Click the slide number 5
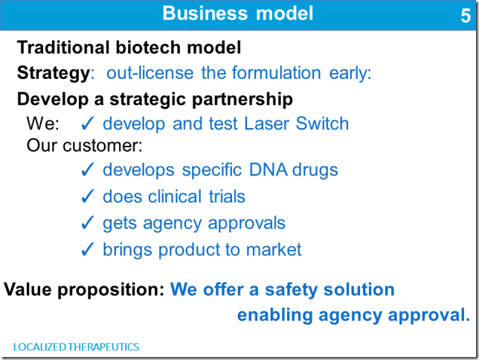[x=466, y=16]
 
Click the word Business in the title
[x=205, y=13]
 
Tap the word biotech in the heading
[x=148, y=48]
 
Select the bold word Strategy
[x=54, y=74]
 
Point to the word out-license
[x=150, y=73]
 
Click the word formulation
[x=276, y=73]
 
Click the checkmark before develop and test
[x=87, y=123]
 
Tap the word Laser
[x=266, y=123]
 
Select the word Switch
[x=322, y=123]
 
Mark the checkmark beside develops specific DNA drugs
[x=87, y=170]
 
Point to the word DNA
[x=268, y=170]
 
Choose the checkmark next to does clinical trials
[x=87, y=196]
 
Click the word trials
[x=227, y=196]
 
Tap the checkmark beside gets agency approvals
[x=87, y=223]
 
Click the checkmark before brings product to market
[x=87, y=250]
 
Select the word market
[x=274, y=250]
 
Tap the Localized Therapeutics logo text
[x=76, y=347]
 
